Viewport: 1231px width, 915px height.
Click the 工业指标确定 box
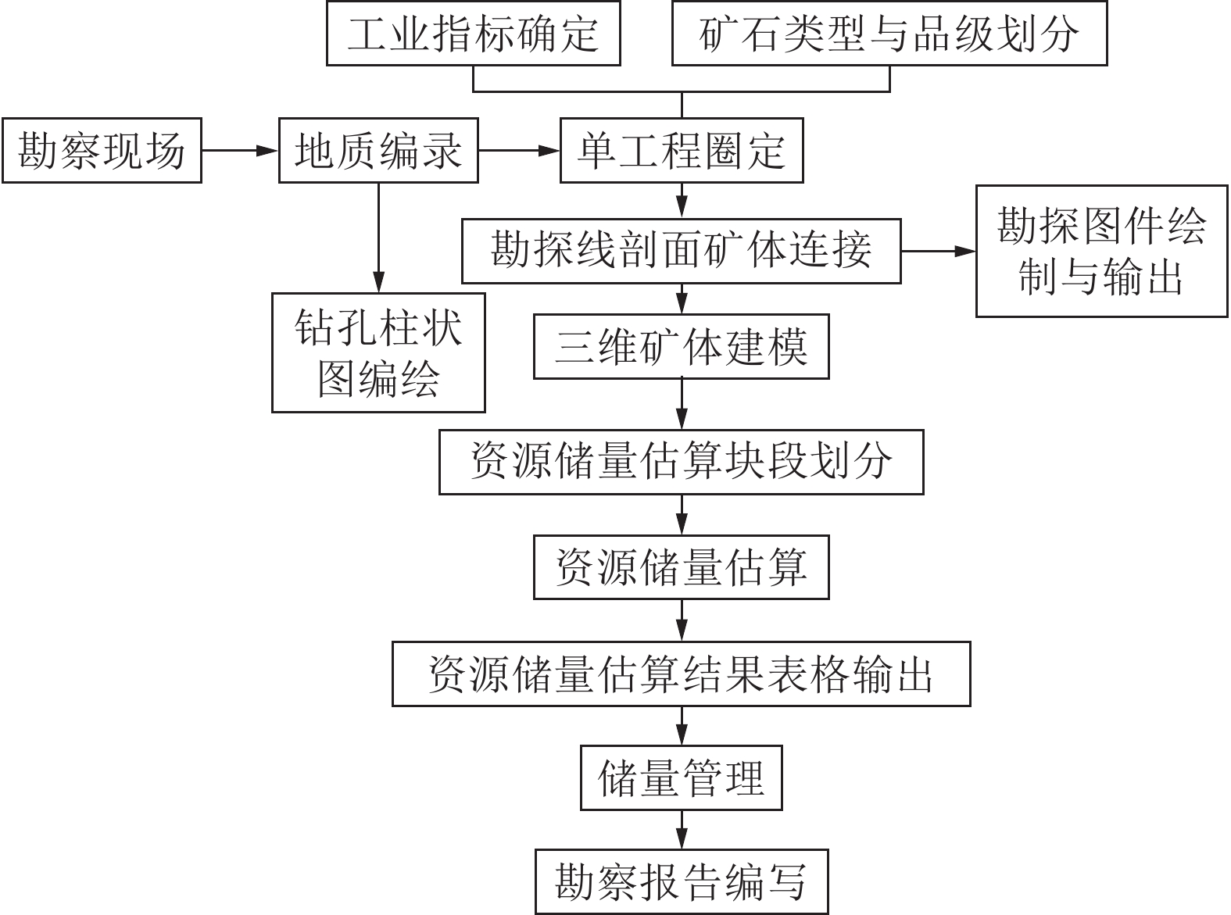473,34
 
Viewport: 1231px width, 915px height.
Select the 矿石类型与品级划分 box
889,34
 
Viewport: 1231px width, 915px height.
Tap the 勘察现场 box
102,150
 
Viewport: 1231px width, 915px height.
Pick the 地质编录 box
378,150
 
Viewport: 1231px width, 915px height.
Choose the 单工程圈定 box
682,150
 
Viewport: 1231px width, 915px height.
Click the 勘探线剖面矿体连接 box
681,251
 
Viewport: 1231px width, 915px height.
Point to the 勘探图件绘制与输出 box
1101,251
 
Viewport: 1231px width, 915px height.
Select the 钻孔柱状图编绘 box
378,352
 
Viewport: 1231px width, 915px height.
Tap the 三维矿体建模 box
681,347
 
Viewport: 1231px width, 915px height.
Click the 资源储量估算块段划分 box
681,462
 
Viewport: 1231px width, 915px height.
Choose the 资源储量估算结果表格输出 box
681,674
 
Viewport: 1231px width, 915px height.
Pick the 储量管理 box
681,778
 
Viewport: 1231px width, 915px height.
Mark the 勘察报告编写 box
681,881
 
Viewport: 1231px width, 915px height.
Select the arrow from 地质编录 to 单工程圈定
519,150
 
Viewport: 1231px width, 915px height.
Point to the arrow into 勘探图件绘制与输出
938,251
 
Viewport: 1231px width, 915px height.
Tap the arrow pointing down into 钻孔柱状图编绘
378,238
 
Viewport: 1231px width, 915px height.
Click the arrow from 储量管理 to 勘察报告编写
682,829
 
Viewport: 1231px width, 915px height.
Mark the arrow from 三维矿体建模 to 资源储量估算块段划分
682,404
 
